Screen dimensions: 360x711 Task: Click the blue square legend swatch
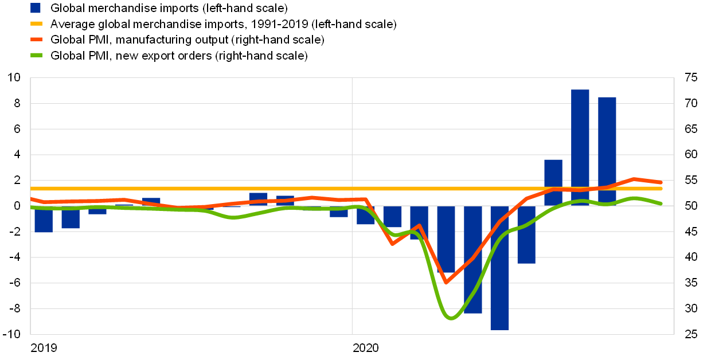pyautogui.click(x=36, y=8)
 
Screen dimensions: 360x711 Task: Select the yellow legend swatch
pyautogui.click(x=36, y=24)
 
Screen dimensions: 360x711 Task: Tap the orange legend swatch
pyautogui.click(x=36, y=40)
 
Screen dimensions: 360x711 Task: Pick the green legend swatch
pyautogui.click(x=36, y=55)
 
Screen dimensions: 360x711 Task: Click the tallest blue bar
pyautogui.click(x=580, y=147)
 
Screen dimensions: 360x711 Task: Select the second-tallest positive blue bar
pyautogui.click(x=607, y=151)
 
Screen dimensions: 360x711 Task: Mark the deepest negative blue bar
pyautogui.click(x=499, y=268)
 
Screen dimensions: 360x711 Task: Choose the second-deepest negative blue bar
pyautogui.click(x=472, y=259)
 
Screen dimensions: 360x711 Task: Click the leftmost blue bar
pyautogui.click(x=44, y=219)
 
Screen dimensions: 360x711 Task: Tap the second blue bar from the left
pyautogui.click(x=71, y=217)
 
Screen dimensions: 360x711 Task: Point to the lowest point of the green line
pyautogui.click(x=451, y=318)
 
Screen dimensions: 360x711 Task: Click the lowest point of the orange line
pyautogui.click(x=446, y=283)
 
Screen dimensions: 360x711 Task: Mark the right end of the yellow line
pyautogui.click(x=661, y=188)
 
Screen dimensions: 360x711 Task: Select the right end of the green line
pyautogui.click(x=661, y=203)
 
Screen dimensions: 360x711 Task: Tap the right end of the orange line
pyautogui.click(x=661, y=182)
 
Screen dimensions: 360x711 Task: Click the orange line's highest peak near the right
pyautogui.click(x=634, y=179)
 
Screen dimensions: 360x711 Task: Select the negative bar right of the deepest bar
pyautogui.click(x=526, y=234)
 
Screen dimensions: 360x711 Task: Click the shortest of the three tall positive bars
pyautogui.click(x=553, y=182)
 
